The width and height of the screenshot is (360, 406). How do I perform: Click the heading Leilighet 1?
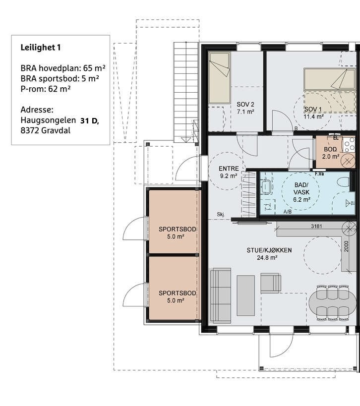coord(40,48)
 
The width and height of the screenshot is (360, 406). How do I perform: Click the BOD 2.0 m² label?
coord(331,153)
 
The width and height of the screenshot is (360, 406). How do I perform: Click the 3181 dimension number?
coord(316,227)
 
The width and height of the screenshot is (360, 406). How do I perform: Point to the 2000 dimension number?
coord(347,246)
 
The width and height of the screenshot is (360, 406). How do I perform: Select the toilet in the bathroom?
coord(343,181)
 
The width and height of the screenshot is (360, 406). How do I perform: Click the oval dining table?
coord(333,303)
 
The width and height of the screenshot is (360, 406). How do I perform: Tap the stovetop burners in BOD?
coord(349,145)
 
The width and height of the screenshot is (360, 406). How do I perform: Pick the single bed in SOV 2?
coord(220,78)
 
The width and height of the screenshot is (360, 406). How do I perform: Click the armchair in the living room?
coord(271,283)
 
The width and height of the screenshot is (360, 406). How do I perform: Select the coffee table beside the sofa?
coord(245,295)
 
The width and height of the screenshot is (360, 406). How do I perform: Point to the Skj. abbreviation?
coord(221,214)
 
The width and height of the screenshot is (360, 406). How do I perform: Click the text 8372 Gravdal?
coord(45,130)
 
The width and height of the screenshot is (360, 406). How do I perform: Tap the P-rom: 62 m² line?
coord(46,89)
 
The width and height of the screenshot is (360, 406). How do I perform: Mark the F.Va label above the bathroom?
coord(319,174)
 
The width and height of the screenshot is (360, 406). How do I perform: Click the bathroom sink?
coord(266,186)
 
